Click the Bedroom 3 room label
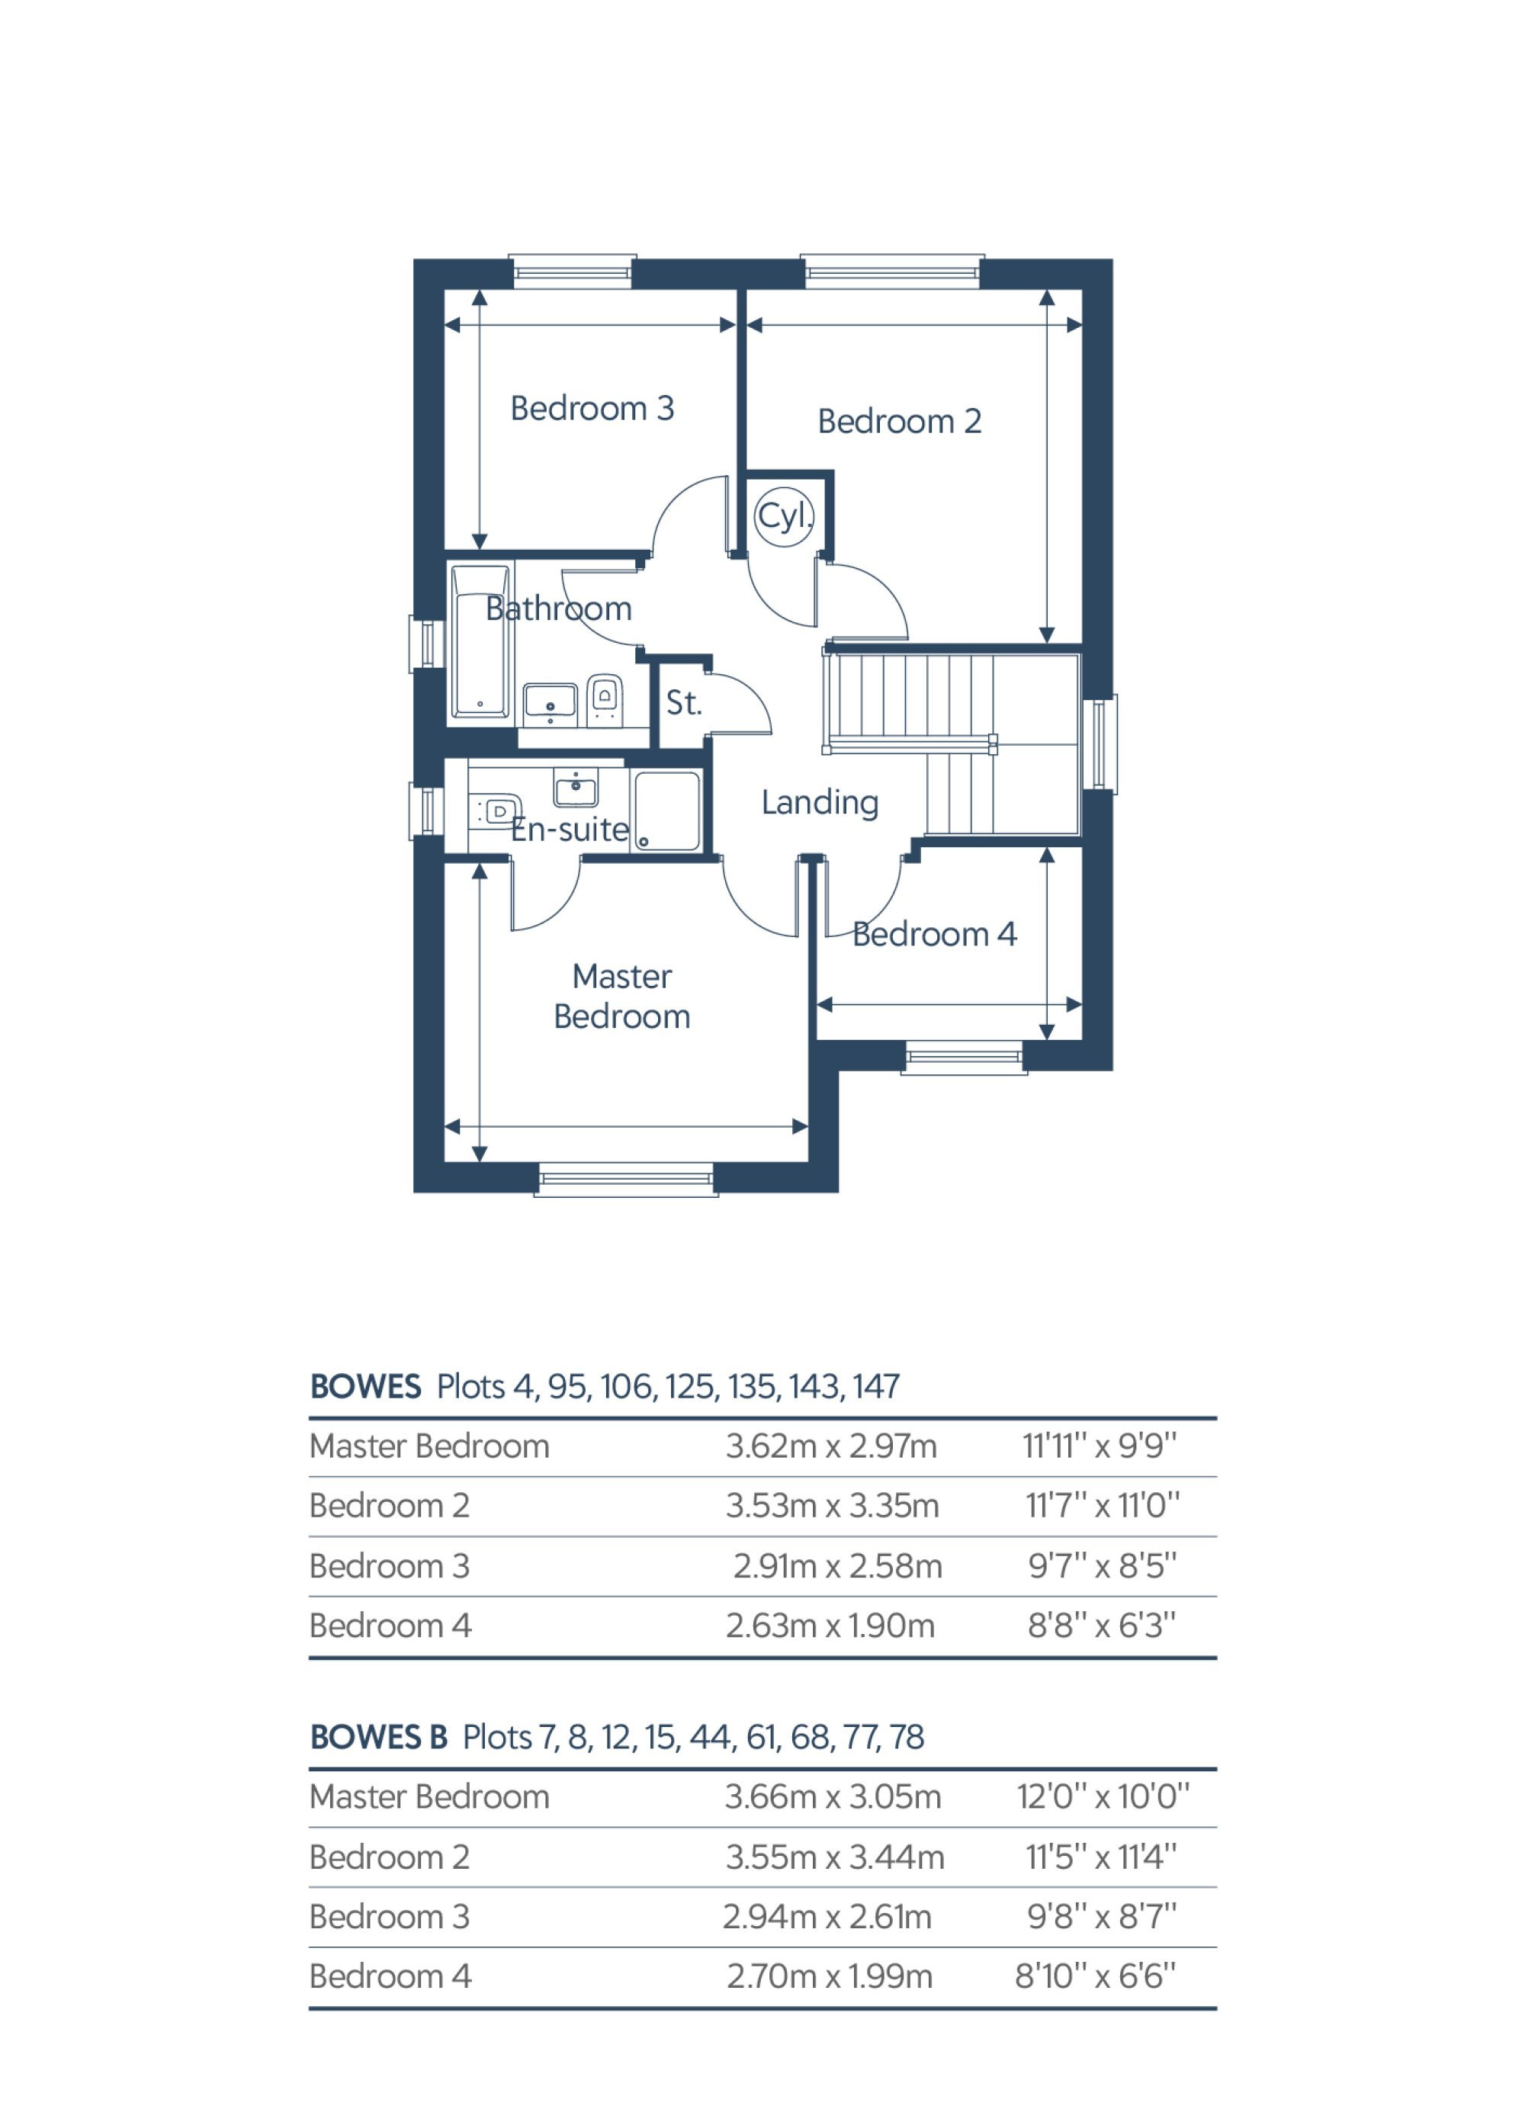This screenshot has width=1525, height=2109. point(592,408)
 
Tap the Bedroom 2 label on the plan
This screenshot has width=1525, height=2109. point(899,421)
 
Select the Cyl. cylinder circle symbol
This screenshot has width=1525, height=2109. point(784,516)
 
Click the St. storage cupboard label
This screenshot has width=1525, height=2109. point(683,703)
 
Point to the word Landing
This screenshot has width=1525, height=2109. point(819,802)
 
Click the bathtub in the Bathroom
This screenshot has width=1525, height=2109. point(480,642)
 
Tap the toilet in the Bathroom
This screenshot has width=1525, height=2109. point(605,699)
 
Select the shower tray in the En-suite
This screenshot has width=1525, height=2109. point(666,810)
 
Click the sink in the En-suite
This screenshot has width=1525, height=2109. point(576,788)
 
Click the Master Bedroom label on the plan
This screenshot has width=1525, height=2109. point(621,996)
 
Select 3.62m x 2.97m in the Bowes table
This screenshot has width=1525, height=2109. point(831,1446)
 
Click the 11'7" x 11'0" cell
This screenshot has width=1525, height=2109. point(1102,1505)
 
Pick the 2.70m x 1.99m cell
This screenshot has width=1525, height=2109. point(830,1976)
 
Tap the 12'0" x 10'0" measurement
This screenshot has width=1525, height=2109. point(1103,1796)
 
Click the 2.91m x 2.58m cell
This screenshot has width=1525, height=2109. point(837,1566)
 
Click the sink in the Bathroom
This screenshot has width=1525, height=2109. point(550,704)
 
